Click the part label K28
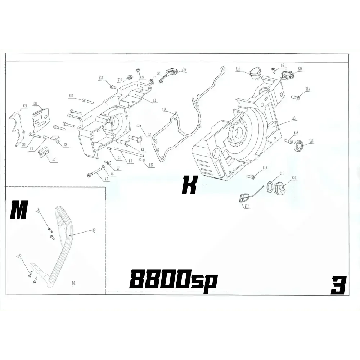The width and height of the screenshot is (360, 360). point(25,106)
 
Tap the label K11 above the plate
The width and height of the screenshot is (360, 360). point(36,103)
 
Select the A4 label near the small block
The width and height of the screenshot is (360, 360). point(54,159)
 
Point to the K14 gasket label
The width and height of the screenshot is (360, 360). point(164,109)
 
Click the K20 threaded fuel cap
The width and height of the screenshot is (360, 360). point(279,189)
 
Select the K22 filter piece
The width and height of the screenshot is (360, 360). point(244,198)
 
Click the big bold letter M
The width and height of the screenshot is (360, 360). point(19,211)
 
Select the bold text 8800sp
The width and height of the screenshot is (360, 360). point(173,279)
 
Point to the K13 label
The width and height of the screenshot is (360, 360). point(293,118)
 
